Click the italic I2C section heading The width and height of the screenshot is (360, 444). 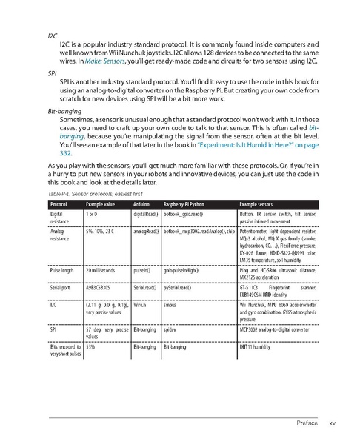pos(51,35)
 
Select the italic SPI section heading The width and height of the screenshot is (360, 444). pos(52,74)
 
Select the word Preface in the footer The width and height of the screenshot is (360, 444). pos(307,423)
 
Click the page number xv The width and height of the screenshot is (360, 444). pos(333,423)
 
